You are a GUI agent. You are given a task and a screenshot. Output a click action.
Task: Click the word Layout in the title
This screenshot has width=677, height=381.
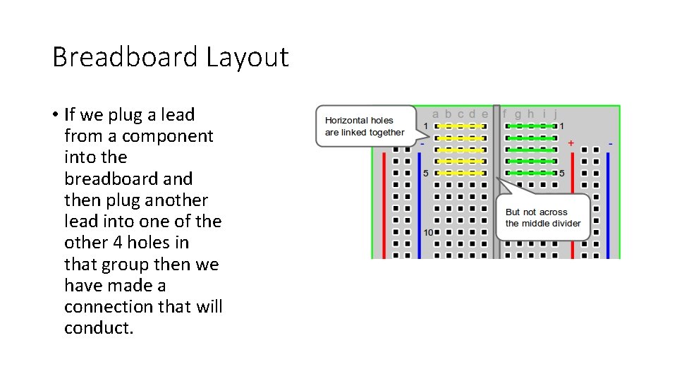click(x=248, y=56)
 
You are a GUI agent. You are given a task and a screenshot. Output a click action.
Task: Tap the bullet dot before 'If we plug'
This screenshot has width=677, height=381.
click(x=54, y=115)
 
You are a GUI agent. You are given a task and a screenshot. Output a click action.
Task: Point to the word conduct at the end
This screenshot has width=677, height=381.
click(x=98, y=328)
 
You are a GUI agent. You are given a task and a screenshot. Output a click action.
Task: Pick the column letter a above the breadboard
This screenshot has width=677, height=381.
click(x=436, y=114)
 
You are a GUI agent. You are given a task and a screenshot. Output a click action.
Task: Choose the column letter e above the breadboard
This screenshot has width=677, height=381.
click(x=484, y=114)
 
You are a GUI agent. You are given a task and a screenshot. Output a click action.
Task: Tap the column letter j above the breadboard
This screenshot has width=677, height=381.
click(x=556, y=114)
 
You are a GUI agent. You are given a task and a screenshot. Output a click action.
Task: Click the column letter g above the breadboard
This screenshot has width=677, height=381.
click(x=518, y=114)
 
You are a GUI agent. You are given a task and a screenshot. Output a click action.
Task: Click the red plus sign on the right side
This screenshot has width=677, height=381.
click(x=571, y=143)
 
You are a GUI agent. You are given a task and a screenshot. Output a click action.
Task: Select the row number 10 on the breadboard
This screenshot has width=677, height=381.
click(x=428, y=232)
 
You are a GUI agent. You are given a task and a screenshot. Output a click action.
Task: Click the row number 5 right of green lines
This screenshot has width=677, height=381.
click(x=562, y=173)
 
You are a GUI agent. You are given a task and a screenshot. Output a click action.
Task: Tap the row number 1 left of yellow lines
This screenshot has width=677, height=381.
click(x=426, y=126)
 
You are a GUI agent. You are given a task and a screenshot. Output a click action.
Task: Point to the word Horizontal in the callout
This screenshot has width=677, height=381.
click(x=349, y=121)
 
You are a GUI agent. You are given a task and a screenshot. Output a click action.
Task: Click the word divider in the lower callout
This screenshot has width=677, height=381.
click(x=564, y=224)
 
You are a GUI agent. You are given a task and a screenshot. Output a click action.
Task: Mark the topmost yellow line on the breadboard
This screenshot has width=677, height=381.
click(x=460, y=126)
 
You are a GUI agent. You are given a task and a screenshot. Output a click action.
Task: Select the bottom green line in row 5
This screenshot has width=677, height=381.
click(x=532, y=173)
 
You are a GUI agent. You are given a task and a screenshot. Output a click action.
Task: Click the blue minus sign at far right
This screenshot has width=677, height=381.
click(x=611, y=143)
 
